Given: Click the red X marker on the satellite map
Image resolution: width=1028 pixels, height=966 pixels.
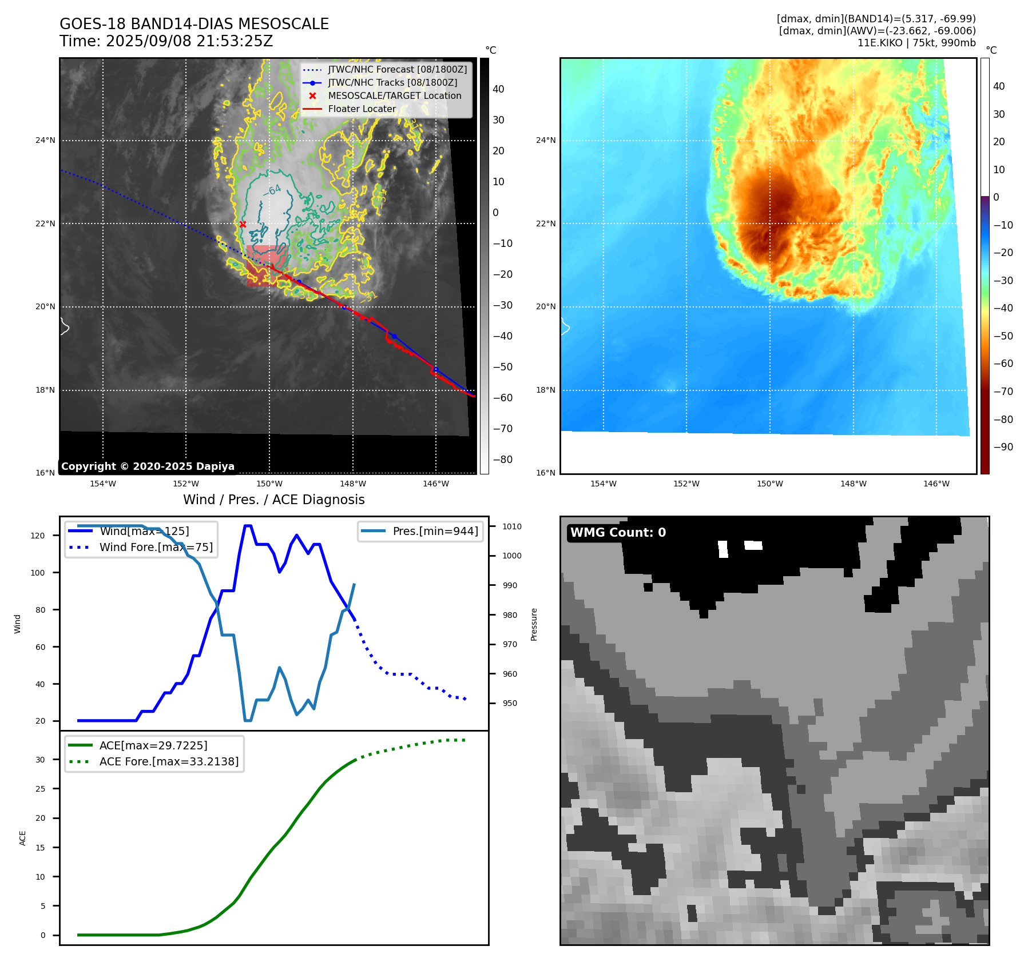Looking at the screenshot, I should (243, 225).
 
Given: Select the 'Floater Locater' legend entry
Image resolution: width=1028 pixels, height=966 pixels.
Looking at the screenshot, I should (362, 109).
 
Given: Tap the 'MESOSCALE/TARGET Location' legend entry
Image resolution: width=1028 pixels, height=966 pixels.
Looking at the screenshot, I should (394, 96).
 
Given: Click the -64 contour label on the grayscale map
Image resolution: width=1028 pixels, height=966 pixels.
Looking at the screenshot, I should (272, 190).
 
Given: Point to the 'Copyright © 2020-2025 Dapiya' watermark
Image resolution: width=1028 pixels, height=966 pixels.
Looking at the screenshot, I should (148, 466).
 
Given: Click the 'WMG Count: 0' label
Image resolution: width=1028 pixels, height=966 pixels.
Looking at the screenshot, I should (618, 533).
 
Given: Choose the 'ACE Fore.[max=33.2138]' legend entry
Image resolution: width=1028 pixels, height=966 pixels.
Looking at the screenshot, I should (169, 761).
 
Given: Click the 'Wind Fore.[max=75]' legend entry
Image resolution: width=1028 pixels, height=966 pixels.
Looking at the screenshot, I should (156, 547).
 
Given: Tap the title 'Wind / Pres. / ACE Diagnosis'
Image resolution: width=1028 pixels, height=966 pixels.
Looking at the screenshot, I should (273, 500).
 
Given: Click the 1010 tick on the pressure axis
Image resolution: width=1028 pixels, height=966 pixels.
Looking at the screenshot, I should (512, 526).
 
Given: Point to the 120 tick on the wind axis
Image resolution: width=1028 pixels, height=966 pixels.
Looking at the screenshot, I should (38, 536).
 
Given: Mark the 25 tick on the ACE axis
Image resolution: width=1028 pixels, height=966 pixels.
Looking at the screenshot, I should (40, 789).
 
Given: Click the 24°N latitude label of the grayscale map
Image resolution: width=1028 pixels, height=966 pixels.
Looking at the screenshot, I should (46, 141).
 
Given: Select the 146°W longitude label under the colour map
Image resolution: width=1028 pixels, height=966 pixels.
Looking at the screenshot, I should (936, 484).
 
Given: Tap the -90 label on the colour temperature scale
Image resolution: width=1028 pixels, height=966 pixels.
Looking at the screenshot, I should (1003, 447).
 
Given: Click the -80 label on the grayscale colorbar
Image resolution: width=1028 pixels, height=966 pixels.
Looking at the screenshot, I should (503, 460).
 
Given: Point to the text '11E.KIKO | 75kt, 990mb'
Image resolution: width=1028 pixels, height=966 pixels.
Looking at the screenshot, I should (916, 43).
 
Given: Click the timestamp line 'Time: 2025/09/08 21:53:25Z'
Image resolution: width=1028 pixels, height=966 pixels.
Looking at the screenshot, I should (166, 41).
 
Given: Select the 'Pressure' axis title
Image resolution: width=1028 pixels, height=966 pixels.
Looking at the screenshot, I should (534, 624).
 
